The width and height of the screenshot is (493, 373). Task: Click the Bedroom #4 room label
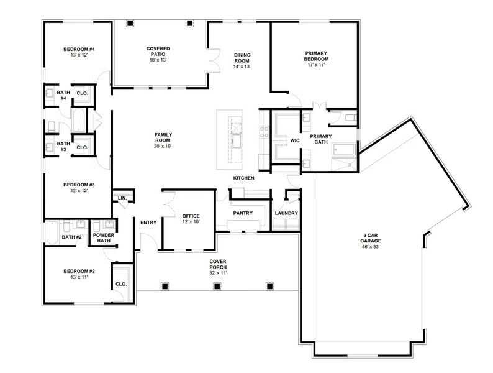click(78, 49)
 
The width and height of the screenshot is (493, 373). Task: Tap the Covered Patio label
click(158, 52)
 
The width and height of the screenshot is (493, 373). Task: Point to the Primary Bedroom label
click(316, 56)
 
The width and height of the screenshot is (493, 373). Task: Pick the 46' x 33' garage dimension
click(373, 247)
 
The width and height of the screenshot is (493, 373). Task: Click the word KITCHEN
click(243, 178)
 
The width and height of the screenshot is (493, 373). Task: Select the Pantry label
click(242, 213)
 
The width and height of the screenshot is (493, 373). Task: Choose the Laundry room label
click(286, 213)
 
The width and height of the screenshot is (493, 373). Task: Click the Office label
click(191, 216)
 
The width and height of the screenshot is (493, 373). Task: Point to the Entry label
click(148, 223)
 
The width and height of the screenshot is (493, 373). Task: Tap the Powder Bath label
click(102, 238)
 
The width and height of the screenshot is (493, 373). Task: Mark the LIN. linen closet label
click(122, 198)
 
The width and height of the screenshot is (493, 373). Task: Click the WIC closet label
click(295, 141)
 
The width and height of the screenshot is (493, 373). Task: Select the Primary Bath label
click(320, 139)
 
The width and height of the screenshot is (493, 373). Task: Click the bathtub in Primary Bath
click(344, 150)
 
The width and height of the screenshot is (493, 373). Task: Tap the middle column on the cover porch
click(217, 287)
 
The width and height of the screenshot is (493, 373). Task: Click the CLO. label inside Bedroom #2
click(121, 284)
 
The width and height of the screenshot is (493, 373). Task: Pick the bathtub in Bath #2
click(52, 233)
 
